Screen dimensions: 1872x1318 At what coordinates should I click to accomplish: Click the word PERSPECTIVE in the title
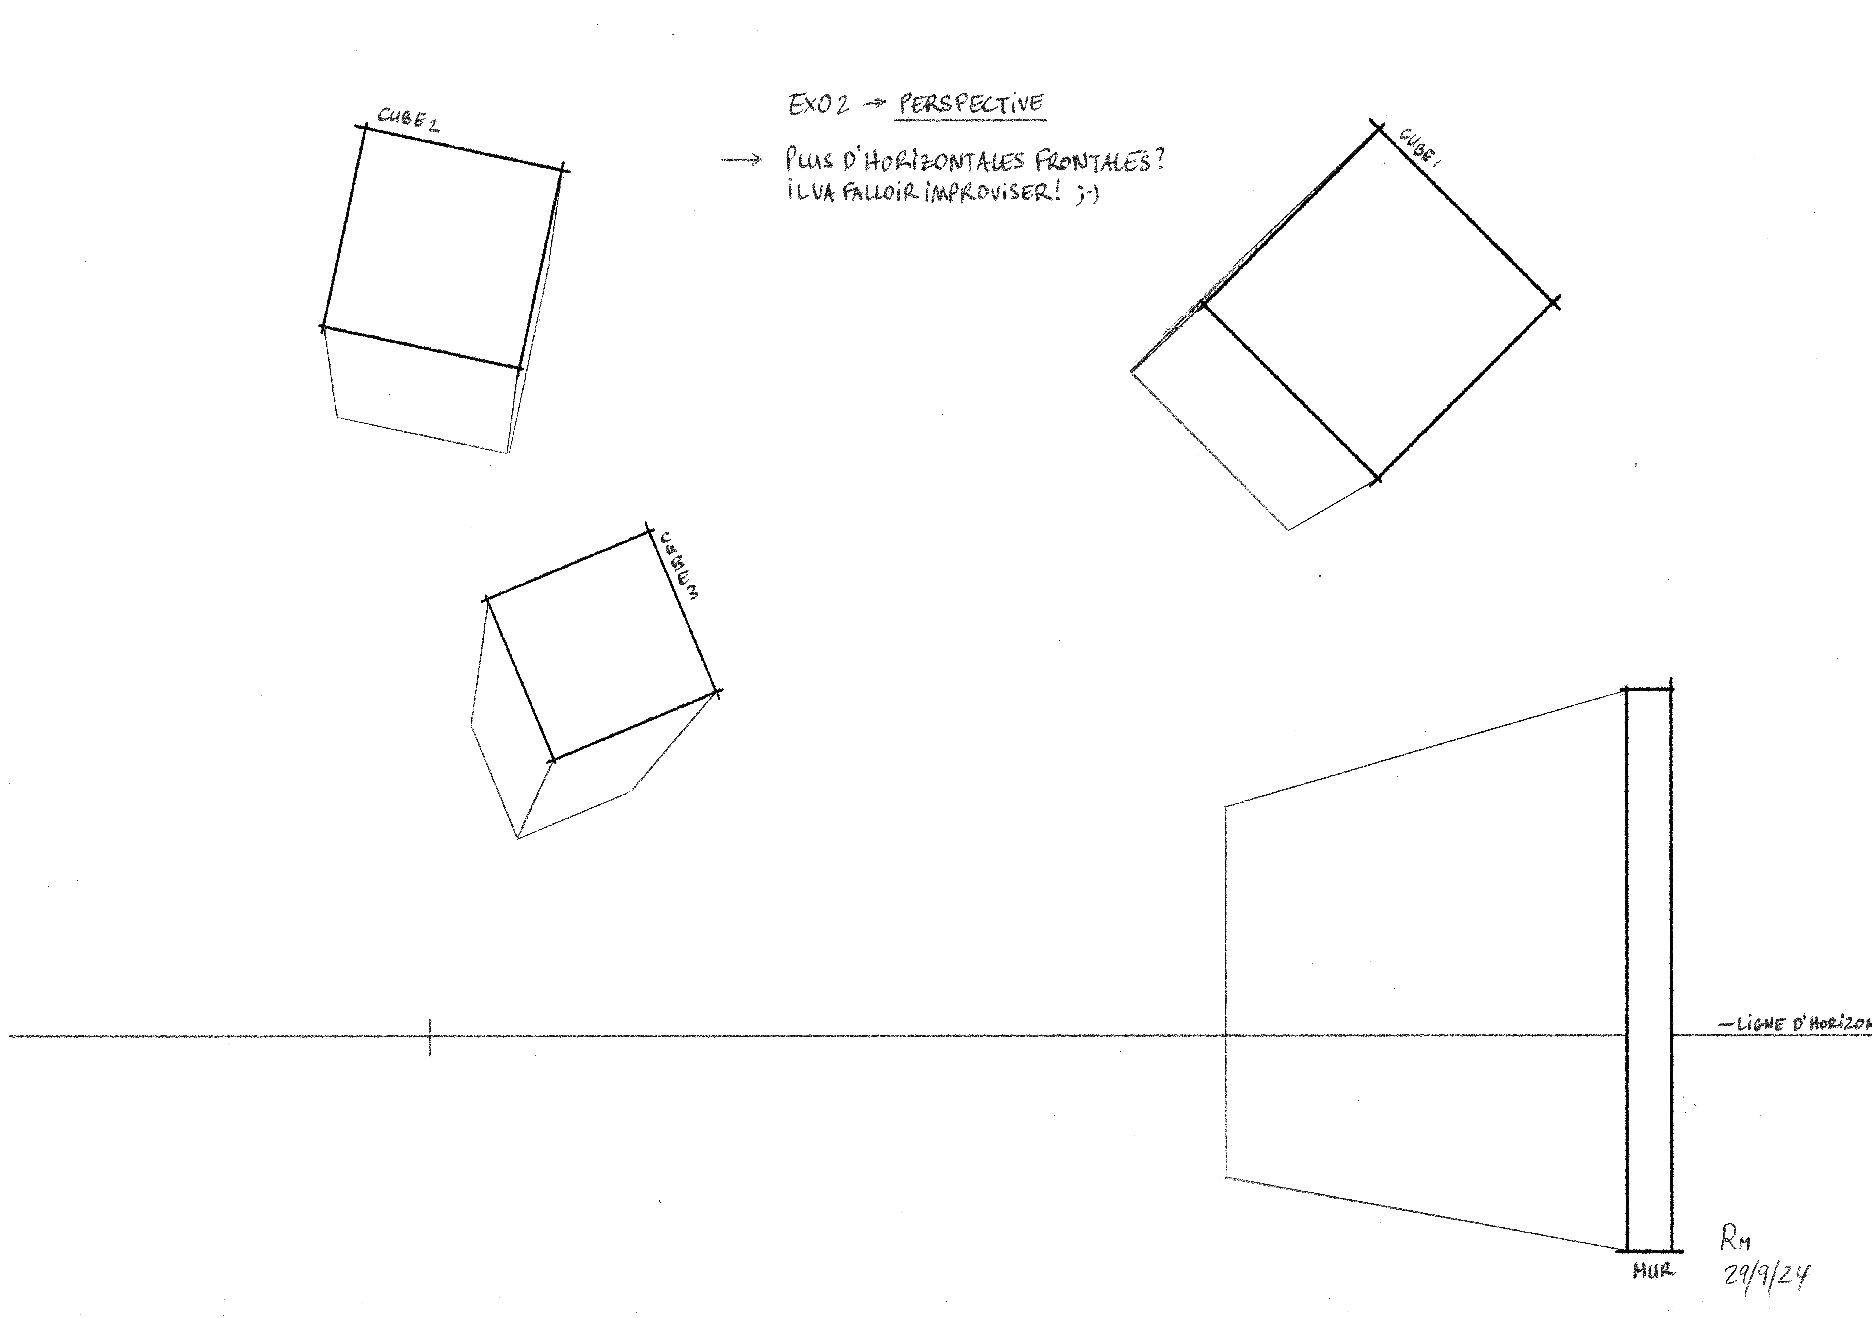point(970,104)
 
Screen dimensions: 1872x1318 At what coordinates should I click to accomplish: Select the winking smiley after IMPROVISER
point(1088,195)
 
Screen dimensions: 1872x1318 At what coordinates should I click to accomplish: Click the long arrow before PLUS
point(740,160)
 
